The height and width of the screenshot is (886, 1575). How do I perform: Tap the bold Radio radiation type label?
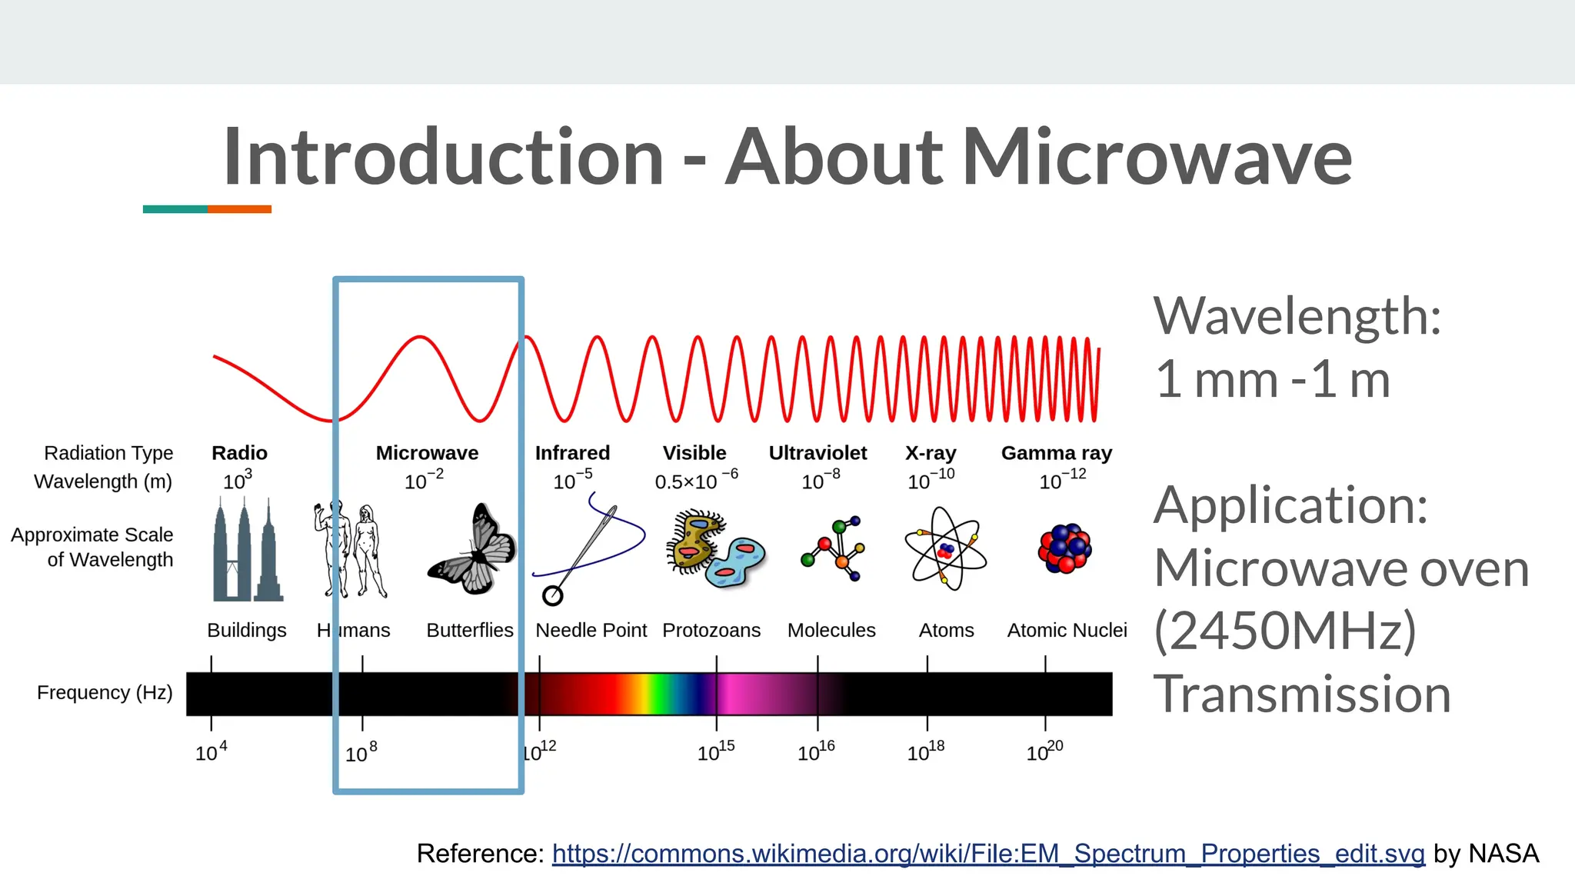(239, 453)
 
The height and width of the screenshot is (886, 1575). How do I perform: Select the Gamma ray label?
(1056, 453)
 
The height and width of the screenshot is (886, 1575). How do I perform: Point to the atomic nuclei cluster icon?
(1065, 548)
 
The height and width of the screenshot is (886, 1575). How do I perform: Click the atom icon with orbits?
(945, 548)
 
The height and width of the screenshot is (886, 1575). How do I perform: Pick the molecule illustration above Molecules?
(834, 548)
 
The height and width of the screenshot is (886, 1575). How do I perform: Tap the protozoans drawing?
(715, 548)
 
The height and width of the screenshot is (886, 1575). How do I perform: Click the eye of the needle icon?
(552, 595)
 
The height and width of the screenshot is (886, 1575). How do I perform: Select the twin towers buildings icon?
(246, 550)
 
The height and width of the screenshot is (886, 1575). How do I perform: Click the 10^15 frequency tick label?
(716, 752)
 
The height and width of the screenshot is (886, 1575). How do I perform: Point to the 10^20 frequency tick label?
(1044, 751)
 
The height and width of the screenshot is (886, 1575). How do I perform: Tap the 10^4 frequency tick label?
(211, 751)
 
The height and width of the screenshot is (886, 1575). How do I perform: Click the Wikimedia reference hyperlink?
(988, 854)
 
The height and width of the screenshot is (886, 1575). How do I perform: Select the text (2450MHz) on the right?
(1284, 631)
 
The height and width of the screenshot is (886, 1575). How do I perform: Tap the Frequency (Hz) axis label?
(105, 692)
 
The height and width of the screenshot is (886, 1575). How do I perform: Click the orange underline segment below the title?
(239, 209)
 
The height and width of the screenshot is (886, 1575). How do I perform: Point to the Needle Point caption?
(591, 630)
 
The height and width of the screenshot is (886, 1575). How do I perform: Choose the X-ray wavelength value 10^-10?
(931, 480)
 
